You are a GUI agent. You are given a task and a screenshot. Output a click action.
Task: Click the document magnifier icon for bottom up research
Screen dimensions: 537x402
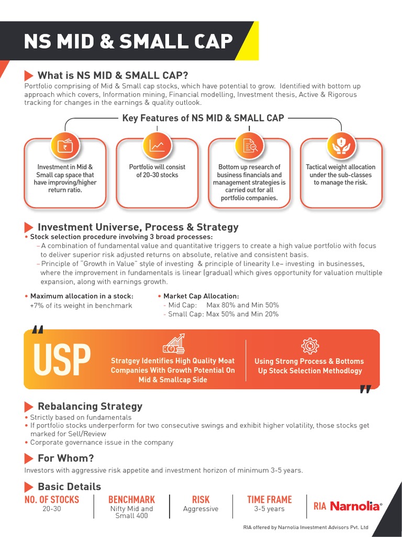tap(249, 146)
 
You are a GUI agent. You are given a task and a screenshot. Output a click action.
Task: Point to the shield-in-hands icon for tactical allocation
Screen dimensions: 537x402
tap(341, 145)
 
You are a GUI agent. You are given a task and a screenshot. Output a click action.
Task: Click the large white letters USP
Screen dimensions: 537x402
tap(61, 361)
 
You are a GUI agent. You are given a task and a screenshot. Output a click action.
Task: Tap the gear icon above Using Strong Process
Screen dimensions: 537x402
tap(310, 346)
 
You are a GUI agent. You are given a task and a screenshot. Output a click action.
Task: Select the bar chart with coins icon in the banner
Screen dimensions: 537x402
tap(173, 343)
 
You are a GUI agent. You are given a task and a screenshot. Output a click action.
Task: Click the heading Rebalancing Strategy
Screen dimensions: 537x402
tap(90, 406)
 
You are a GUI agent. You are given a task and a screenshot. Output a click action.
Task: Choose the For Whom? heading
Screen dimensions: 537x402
tap(65, 458)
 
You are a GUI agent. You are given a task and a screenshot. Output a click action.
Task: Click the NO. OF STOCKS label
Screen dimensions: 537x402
tap(52, 500)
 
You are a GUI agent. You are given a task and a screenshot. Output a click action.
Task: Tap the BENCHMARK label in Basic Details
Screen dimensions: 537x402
tap(131, 500)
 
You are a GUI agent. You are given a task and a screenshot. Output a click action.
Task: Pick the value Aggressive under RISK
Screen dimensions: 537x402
tap(200, 509)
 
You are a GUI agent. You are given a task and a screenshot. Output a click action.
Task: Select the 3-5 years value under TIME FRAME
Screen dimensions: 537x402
tap(269, 509)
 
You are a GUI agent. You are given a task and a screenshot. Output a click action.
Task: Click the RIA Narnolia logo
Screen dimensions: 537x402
tap(348, 506)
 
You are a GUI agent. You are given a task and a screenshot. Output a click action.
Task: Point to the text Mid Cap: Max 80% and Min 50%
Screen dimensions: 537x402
tap(224, 305)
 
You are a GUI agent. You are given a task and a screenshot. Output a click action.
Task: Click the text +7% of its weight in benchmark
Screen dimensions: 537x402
tap(81, 306)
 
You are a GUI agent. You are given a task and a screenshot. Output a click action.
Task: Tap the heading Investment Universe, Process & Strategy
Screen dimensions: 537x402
tap(138, 227)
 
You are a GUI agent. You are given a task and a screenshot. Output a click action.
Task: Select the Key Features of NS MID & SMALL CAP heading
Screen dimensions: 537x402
tap(203, 118)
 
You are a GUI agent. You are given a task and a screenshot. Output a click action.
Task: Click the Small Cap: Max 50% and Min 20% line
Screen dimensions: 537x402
tap(224, 314)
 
